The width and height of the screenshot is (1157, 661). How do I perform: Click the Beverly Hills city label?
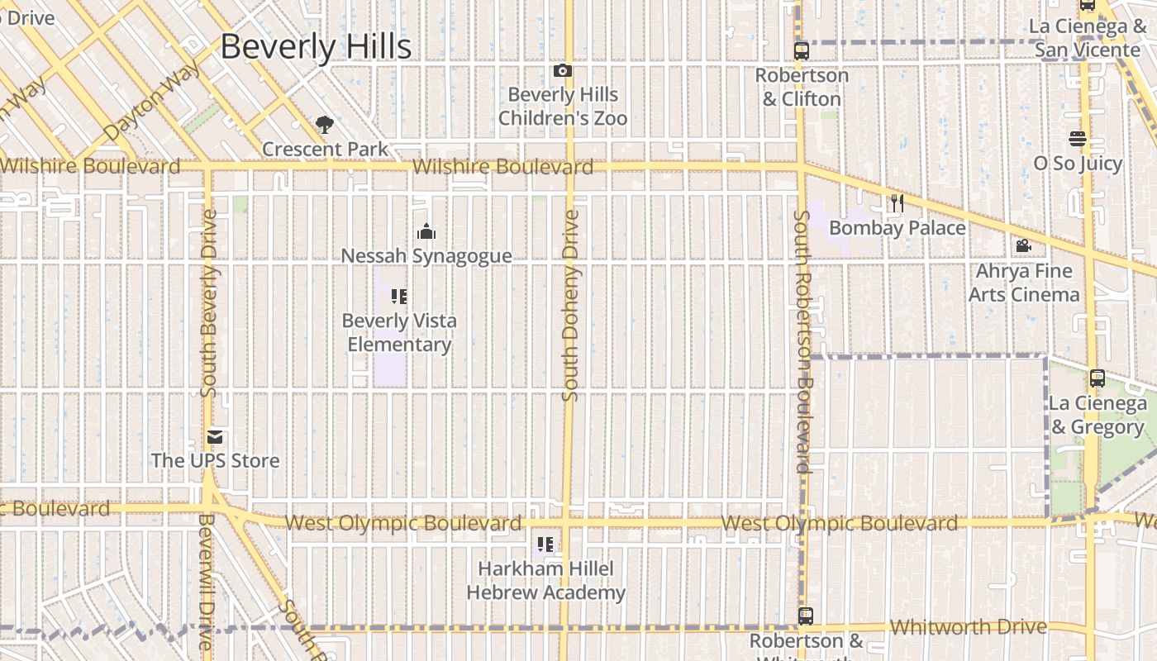tap(316, 46)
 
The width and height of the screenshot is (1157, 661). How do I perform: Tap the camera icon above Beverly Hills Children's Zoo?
tap(563, 71)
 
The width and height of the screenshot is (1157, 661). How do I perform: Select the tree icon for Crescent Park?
tap(325, 125)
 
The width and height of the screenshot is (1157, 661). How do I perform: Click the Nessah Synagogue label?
tap(426, 256)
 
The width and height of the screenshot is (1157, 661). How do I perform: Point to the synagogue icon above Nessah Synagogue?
tap(426, 231)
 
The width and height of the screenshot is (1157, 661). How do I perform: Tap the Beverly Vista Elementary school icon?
tap(400, 296)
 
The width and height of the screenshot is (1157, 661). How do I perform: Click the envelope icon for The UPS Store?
tap(215, 436)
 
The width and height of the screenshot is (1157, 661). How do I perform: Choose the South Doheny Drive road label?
tap(570, 306)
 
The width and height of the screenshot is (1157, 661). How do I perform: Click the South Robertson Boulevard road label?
tap(802, 341)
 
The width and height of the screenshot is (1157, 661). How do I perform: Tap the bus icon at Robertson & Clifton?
tap(801, 50)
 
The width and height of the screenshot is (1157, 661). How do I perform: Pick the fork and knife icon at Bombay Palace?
tap(897, 202)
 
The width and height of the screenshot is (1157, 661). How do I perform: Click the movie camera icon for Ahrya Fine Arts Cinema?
tap(1023, 245)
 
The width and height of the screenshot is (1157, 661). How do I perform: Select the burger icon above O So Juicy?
tap(1077, 138)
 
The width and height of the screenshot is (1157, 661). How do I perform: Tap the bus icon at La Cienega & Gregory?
tap(1097, 378)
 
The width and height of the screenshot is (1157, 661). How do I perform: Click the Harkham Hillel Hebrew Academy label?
tap(545, 580)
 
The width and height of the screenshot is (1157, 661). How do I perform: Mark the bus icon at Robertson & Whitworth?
tap(805, 616)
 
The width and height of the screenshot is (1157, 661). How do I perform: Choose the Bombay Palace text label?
tap(897, 228)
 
